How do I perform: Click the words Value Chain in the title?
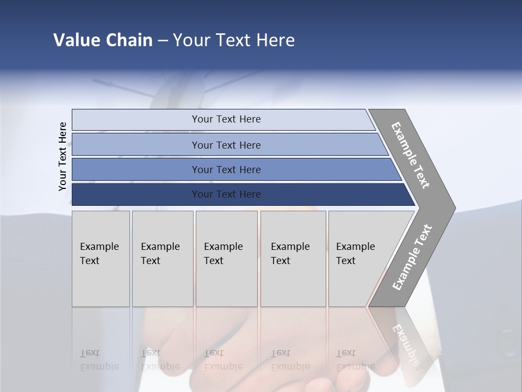[x=103, y=40]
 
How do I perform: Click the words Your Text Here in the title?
[x=234, y=40]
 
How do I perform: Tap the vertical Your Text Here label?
[x=63, y=156]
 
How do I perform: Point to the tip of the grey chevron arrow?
[x=453, y=208]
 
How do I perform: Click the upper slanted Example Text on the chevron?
[x=411, y=155]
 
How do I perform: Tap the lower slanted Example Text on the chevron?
[x=412, y=258]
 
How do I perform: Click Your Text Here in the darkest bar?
[x=226, y=194]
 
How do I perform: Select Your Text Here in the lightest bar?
[x=226, y=119]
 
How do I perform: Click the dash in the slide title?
[x=163, y=41]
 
